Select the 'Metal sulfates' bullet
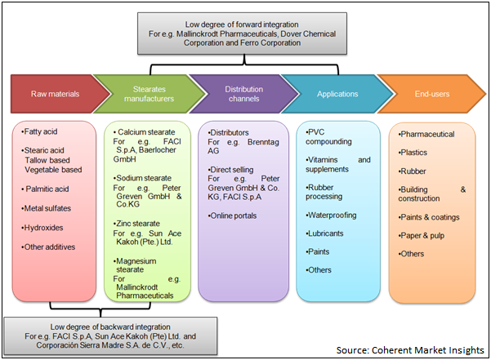click(x=47, y=209)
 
